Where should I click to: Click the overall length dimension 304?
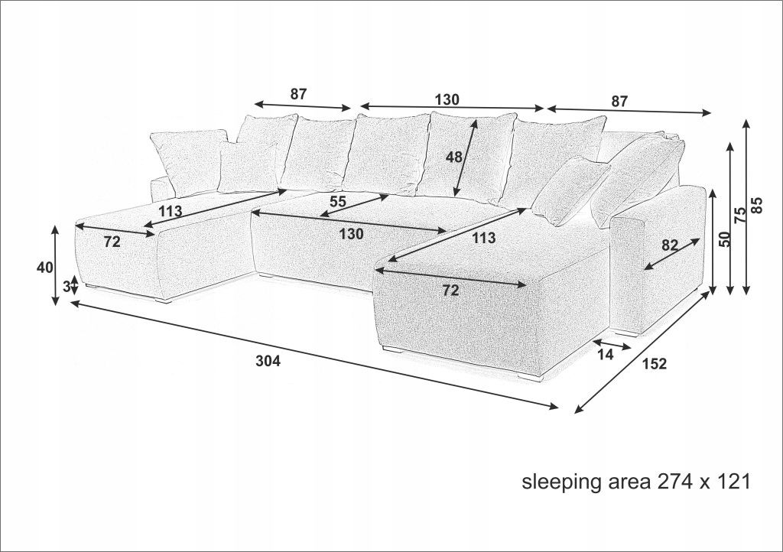click(268, 361)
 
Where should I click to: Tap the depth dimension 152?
click(655, 364)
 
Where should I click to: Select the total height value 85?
click(757, 205)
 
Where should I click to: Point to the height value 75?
click(741, 214)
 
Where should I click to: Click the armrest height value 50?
click(725, 239)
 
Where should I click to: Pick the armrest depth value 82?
click(670, 245)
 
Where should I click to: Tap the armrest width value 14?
click(606, 354)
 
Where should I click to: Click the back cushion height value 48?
click(454, 157)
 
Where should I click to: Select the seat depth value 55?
click(337, 202)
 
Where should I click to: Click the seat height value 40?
click(44, 268)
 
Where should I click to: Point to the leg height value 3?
click(67, 287)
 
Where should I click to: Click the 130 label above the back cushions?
click(447, 99)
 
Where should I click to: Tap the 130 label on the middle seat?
click(352, 233)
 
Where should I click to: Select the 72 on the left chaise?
click(112, 242)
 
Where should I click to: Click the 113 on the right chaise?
click(484, 238)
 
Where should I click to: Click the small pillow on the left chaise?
click(248, 167)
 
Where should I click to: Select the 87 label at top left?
click(298, 93)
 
